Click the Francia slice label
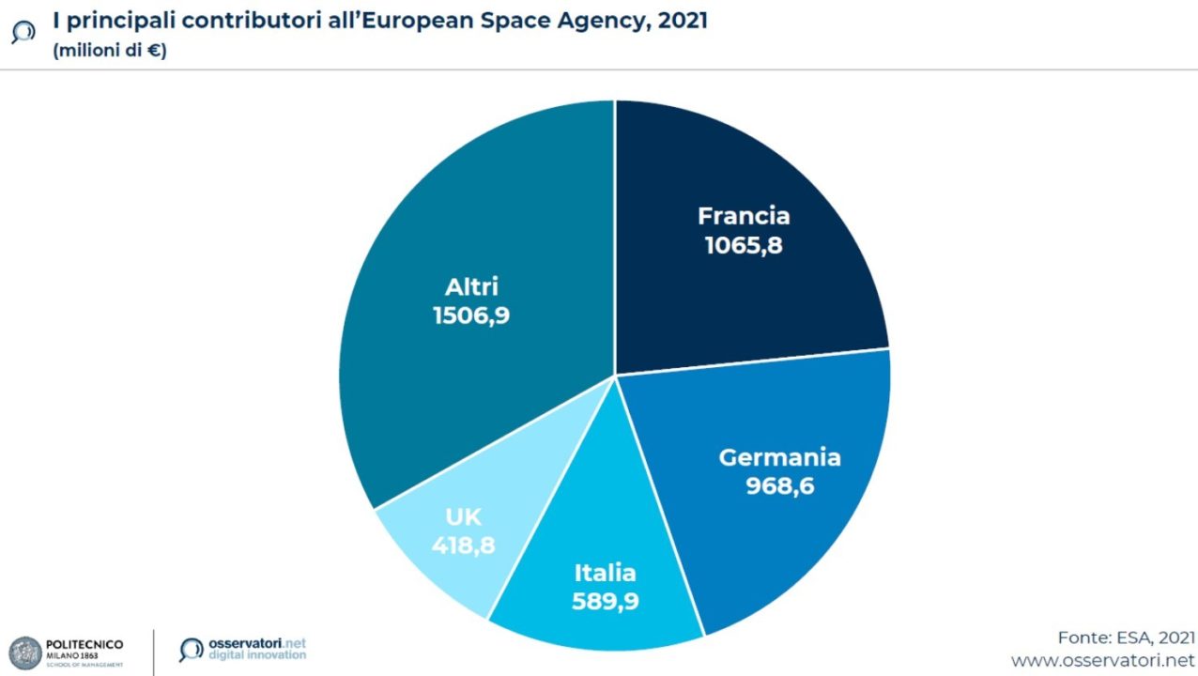tap(744, 216)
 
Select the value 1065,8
tap(744, 246)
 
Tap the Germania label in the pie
tap(779, 457)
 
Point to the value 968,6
tap(779, 486)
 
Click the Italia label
tap(605, 573)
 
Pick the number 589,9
tap(605, 602)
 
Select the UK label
tap(463, 516)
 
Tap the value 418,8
tap(463, 545)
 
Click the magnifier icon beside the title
tap(22, 34)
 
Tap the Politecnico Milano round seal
tap(25, 653)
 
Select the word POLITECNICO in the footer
tap(84, 644)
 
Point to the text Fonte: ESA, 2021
tap(1126, 637)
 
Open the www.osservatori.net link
tap(1102, 661)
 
